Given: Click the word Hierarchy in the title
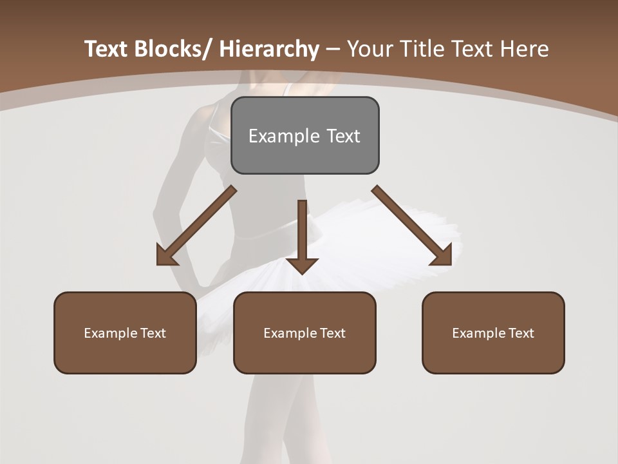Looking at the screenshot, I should [x=269, y=49].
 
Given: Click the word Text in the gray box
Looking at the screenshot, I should [x=342, y=136].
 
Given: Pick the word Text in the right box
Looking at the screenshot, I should [x=520, y=333].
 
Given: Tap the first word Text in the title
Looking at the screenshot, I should [x=106, y=49].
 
